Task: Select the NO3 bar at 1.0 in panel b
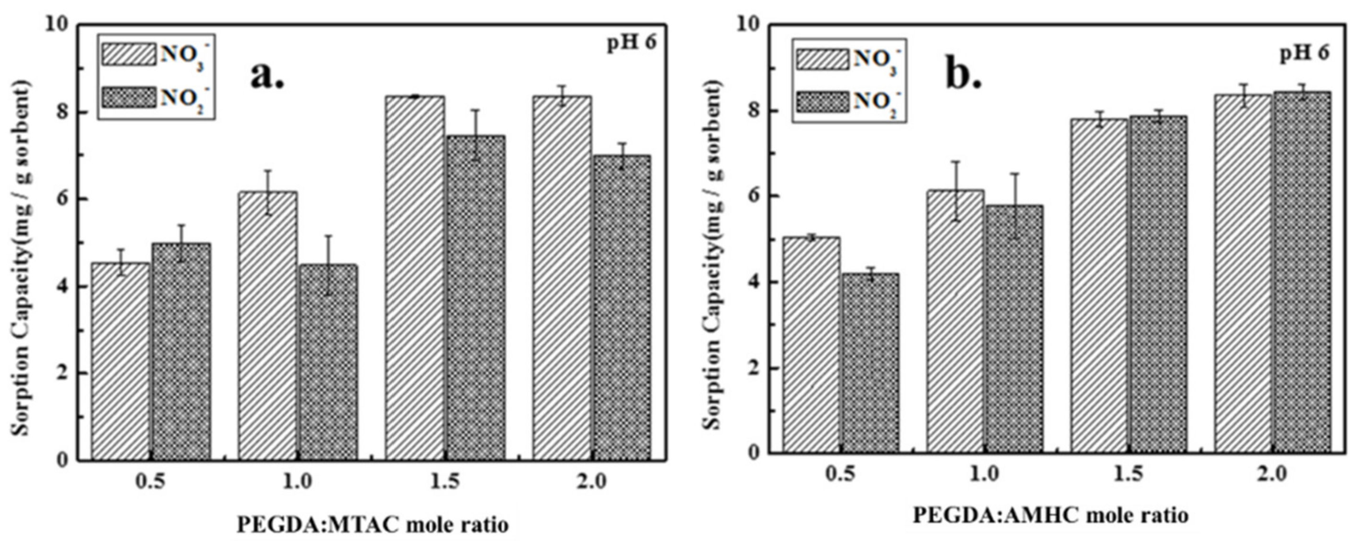955,321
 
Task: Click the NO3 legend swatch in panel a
128,54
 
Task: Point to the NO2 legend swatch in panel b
822,101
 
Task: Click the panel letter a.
266,75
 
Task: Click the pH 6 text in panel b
1305,53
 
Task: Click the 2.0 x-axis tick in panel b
1271,474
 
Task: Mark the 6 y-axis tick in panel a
61,199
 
